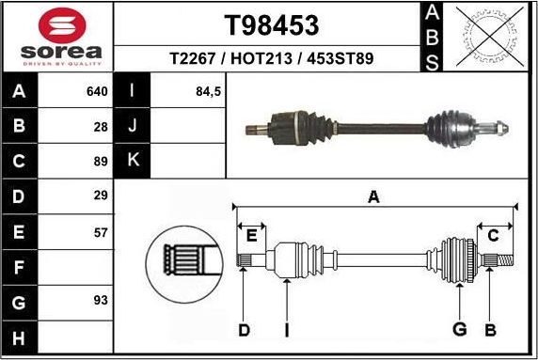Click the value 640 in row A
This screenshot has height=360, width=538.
(97, 92)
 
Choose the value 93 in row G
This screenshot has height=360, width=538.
(102, 301)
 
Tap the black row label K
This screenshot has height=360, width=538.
(132, 162)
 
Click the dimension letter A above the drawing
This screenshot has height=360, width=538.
(373, 196)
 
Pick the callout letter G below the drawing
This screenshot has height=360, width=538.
(459, 329)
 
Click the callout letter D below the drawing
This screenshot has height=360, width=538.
(243, 329)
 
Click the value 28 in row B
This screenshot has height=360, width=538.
(102, 127)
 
